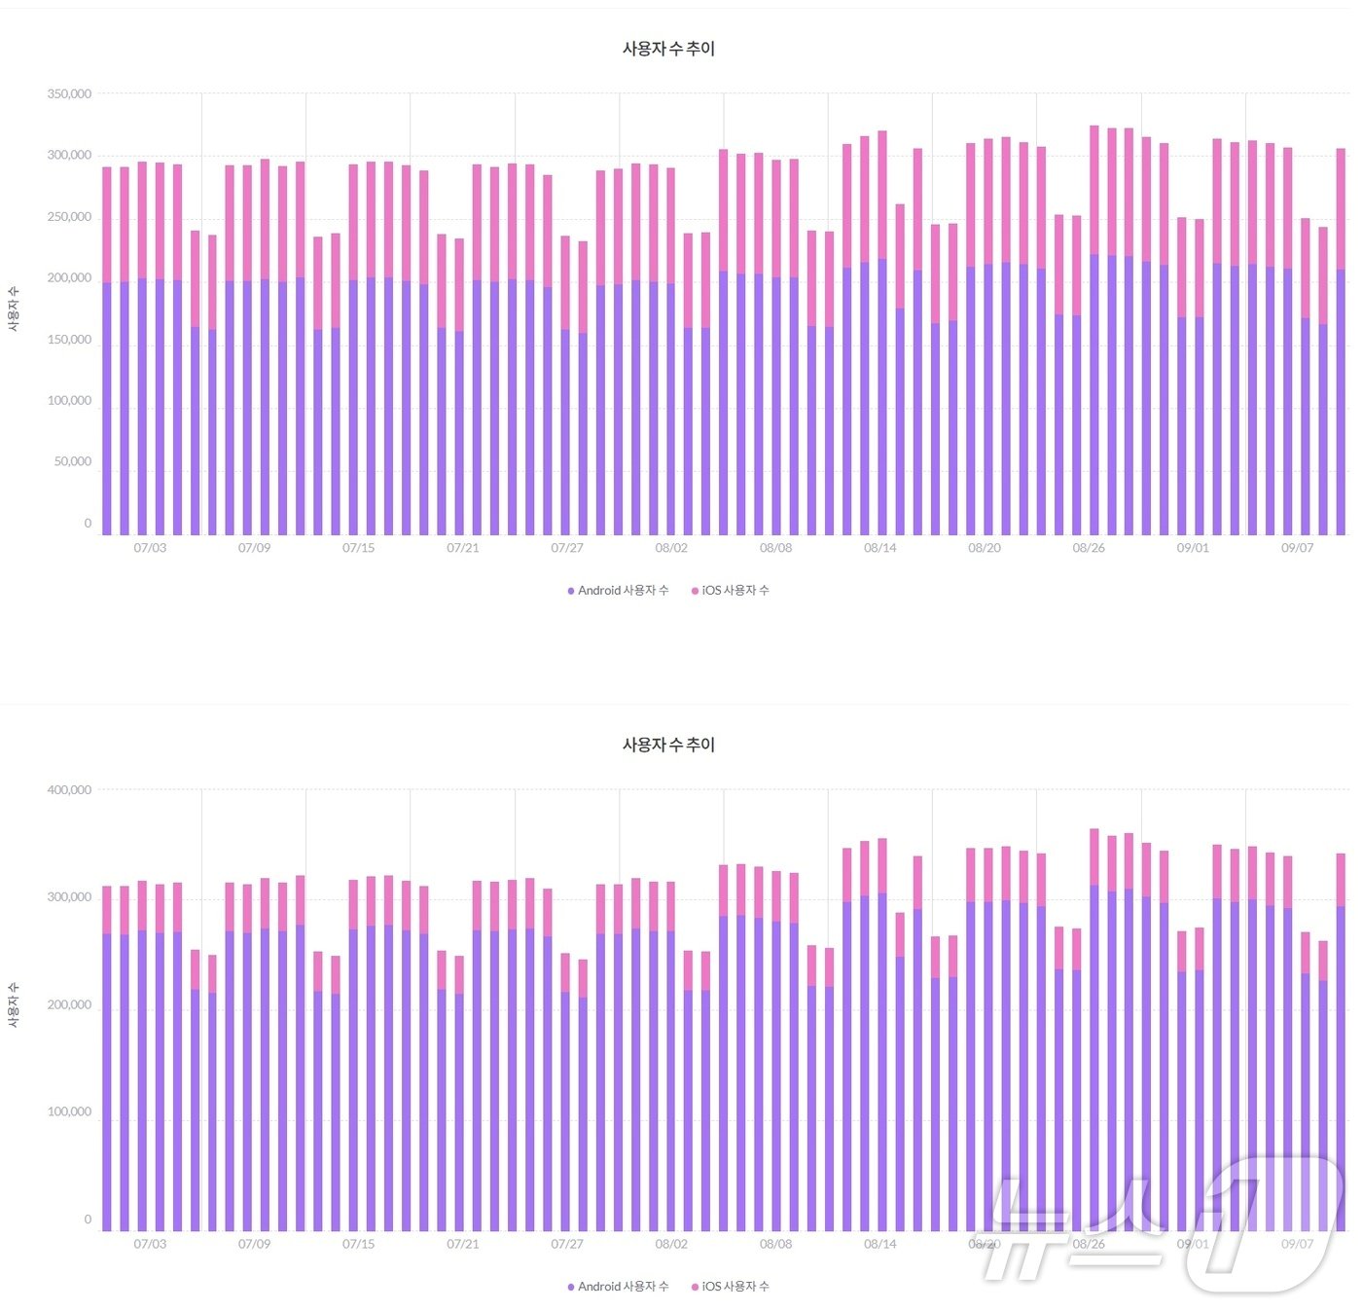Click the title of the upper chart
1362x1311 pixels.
point(668,49)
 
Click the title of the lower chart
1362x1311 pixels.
point(668,745)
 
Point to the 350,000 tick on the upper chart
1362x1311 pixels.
point(69,94)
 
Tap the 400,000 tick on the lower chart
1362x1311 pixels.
point(69,790)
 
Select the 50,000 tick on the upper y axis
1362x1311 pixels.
point(72,462)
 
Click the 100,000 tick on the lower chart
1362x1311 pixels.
point(69,1112)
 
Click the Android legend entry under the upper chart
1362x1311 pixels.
point(619,591)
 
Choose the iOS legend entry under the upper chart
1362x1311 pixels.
point(731,591)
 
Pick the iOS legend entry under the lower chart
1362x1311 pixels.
point(731,1287)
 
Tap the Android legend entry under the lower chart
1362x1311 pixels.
point(619,1287)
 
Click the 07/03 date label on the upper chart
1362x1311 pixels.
point(150,548)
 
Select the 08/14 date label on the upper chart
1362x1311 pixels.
point(879,548)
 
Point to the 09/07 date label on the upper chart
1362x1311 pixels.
point(1297,548)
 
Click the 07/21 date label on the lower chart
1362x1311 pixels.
point(463,1244)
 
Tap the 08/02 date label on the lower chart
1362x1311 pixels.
point(671,1244)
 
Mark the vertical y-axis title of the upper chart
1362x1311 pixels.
point(14,310)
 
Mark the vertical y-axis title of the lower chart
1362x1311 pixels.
point(14,1005)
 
